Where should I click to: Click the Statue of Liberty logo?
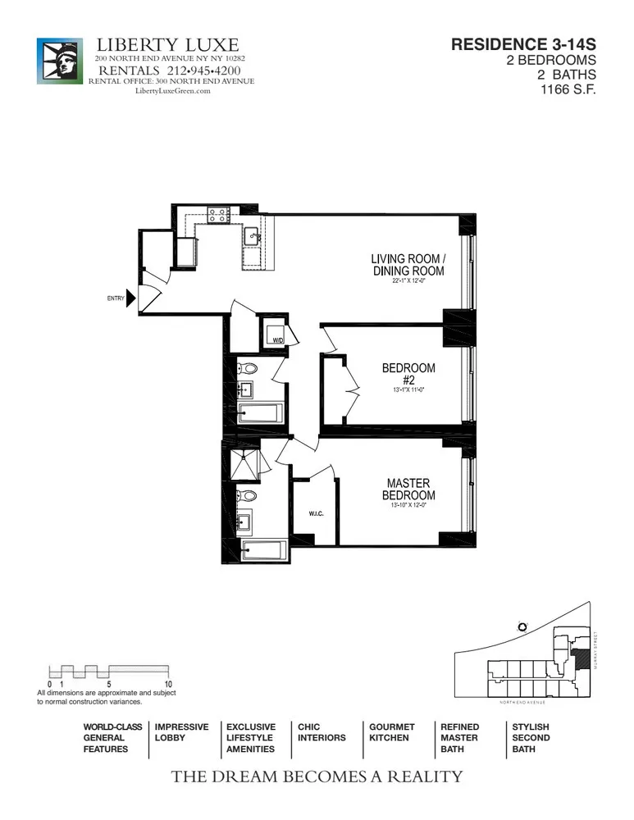pos(60,60)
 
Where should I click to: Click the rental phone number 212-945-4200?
pos(197,71)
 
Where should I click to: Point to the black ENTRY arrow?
pos(131,298)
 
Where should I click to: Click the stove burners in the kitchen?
pos(218,215)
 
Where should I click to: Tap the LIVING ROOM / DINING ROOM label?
pos(408,265)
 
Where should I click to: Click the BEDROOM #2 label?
pos(408,374)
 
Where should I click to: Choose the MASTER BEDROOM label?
pos(408,490)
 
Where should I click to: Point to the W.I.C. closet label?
pos(317,514)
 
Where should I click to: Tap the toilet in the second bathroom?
pos(247,369)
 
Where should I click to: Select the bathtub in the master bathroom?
pos(262,549)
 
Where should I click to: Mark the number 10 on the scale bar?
pos(167,683)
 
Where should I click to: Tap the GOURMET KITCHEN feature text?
pos(391,732)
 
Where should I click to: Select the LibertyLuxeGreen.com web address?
pos(172,91)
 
